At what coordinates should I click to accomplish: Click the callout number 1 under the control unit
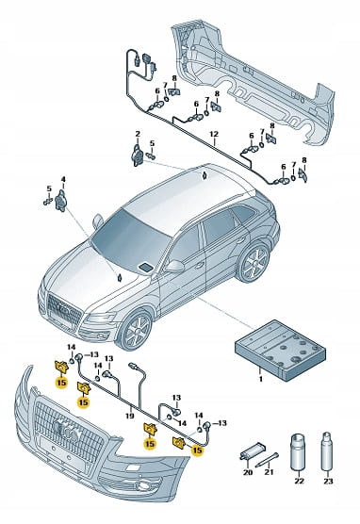(261, 379)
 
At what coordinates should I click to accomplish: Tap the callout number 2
(138, 134)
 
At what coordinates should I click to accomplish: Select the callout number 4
(63, 180)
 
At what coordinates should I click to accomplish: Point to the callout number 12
(214, 134)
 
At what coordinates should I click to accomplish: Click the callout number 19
(130, 416)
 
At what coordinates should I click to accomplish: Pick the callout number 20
(248, 472)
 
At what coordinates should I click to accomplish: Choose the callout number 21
(269, 472)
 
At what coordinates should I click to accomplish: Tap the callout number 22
(299, 481)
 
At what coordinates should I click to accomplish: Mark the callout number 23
(328, 481)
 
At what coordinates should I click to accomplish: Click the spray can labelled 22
(298, 452)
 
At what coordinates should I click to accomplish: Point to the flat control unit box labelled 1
(280, 350)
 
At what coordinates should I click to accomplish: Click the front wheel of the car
(136, 329)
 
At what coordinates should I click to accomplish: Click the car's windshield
(129, 240)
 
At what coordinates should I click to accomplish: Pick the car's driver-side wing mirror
(176, 266)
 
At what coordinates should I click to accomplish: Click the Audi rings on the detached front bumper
(68, 430)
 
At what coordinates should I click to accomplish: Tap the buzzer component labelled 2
(138, 156)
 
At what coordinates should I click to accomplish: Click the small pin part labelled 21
(267, 460)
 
